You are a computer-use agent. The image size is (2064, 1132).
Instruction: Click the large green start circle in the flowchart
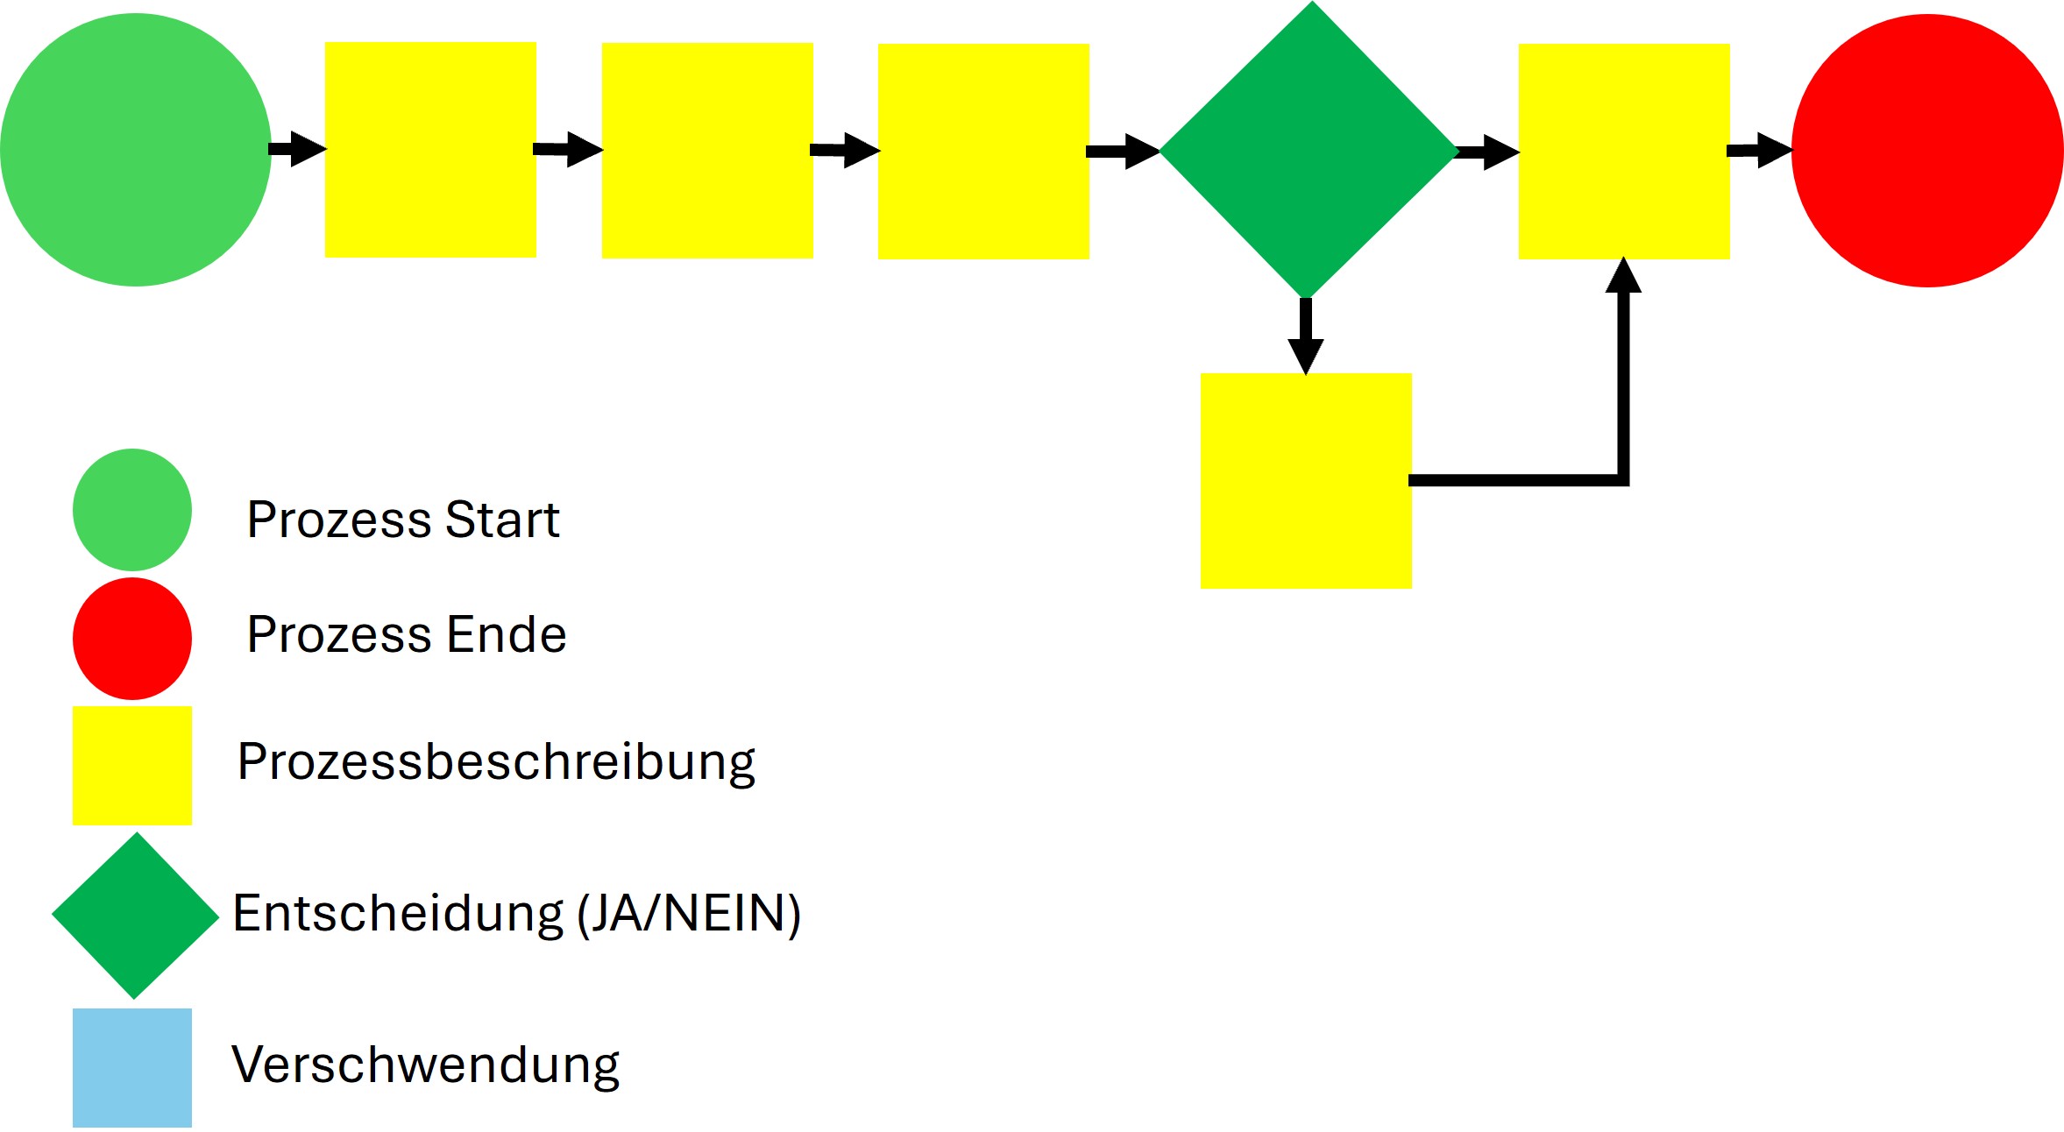click(135, 150)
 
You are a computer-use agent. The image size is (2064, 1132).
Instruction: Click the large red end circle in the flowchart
click(1927, 151)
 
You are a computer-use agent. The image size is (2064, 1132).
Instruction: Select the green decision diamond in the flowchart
click(1309, 150)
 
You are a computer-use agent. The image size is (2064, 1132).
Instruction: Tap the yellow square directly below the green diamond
click(1306, 481)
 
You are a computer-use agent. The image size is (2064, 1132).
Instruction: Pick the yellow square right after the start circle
click(430, 150)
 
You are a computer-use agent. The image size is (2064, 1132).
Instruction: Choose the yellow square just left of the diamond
click(983, 151)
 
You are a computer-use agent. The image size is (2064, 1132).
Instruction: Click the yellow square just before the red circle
click(1624, 151)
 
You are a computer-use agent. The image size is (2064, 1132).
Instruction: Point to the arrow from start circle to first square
click(298, 149)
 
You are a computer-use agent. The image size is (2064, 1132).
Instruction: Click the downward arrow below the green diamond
click(1306, 336)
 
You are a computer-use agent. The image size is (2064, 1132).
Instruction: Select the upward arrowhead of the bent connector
click(1623, 275)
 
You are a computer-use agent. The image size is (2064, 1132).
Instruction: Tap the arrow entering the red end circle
click(1760, 151)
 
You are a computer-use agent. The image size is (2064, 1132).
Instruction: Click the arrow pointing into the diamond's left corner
click(1124, 152)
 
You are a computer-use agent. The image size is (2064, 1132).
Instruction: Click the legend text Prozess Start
click(403, 520)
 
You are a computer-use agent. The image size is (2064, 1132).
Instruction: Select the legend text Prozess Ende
click(407, 634)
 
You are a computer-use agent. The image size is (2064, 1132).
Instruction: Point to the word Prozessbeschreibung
click(496, 761)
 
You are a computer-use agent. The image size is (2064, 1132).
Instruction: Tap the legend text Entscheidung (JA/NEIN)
click(517, 914)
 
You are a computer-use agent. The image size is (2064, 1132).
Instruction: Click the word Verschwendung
click(425, 1065)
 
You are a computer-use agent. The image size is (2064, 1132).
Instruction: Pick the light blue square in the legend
click(132, 1067)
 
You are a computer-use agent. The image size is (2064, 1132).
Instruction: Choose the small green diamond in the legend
click(135, 916)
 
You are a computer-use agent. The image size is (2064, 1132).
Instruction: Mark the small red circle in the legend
click(132, 638)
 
